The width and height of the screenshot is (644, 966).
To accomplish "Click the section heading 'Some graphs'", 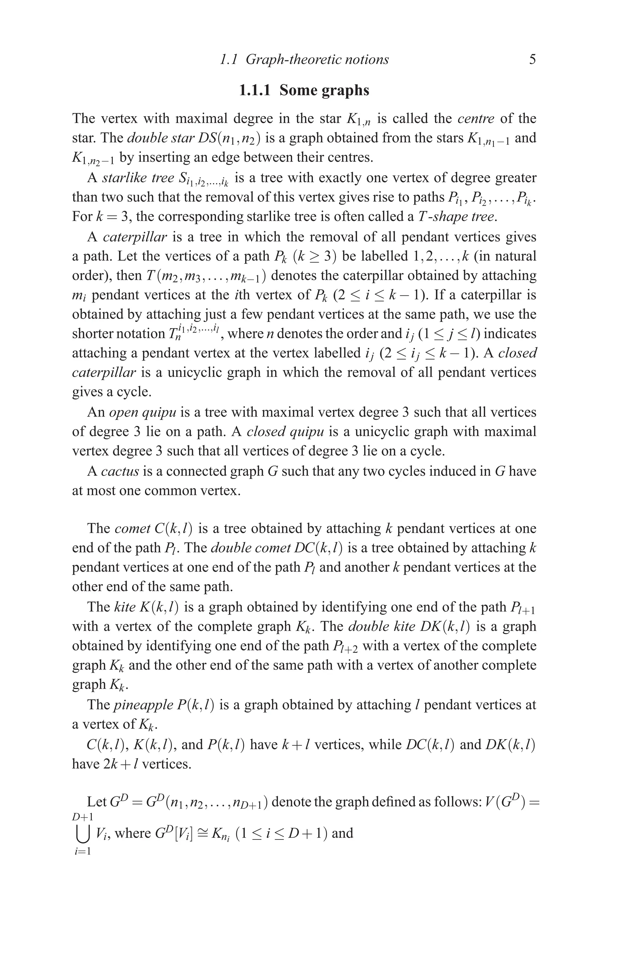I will click(x=324, y=90).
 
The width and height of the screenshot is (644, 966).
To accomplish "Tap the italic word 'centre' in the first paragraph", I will click(x=476, y=118).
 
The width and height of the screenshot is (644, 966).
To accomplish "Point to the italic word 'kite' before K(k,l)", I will click(x=123, y=607).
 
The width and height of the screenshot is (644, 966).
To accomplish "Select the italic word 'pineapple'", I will click(x=143, y=705).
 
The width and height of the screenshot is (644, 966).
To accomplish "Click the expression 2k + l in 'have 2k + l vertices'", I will click(x=121, y=764).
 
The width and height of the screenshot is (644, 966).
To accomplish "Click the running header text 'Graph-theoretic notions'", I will click(x=317, y=59).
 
